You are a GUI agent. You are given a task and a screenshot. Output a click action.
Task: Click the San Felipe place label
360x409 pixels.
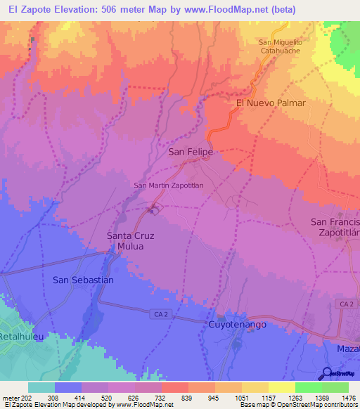tap(190, 151)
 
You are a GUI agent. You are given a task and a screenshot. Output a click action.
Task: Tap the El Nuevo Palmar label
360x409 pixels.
tap(270, 103)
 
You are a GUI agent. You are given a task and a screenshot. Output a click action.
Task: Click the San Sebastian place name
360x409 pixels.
tap(83, 280)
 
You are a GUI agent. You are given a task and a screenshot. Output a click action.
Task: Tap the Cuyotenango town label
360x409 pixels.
tap(236, 325)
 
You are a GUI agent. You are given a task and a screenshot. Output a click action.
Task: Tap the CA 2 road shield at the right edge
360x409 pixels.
tap(345, 304)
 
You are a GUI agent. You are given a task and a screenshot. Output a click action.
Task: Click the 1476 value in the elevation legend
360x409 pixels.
tap(340, 397)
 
